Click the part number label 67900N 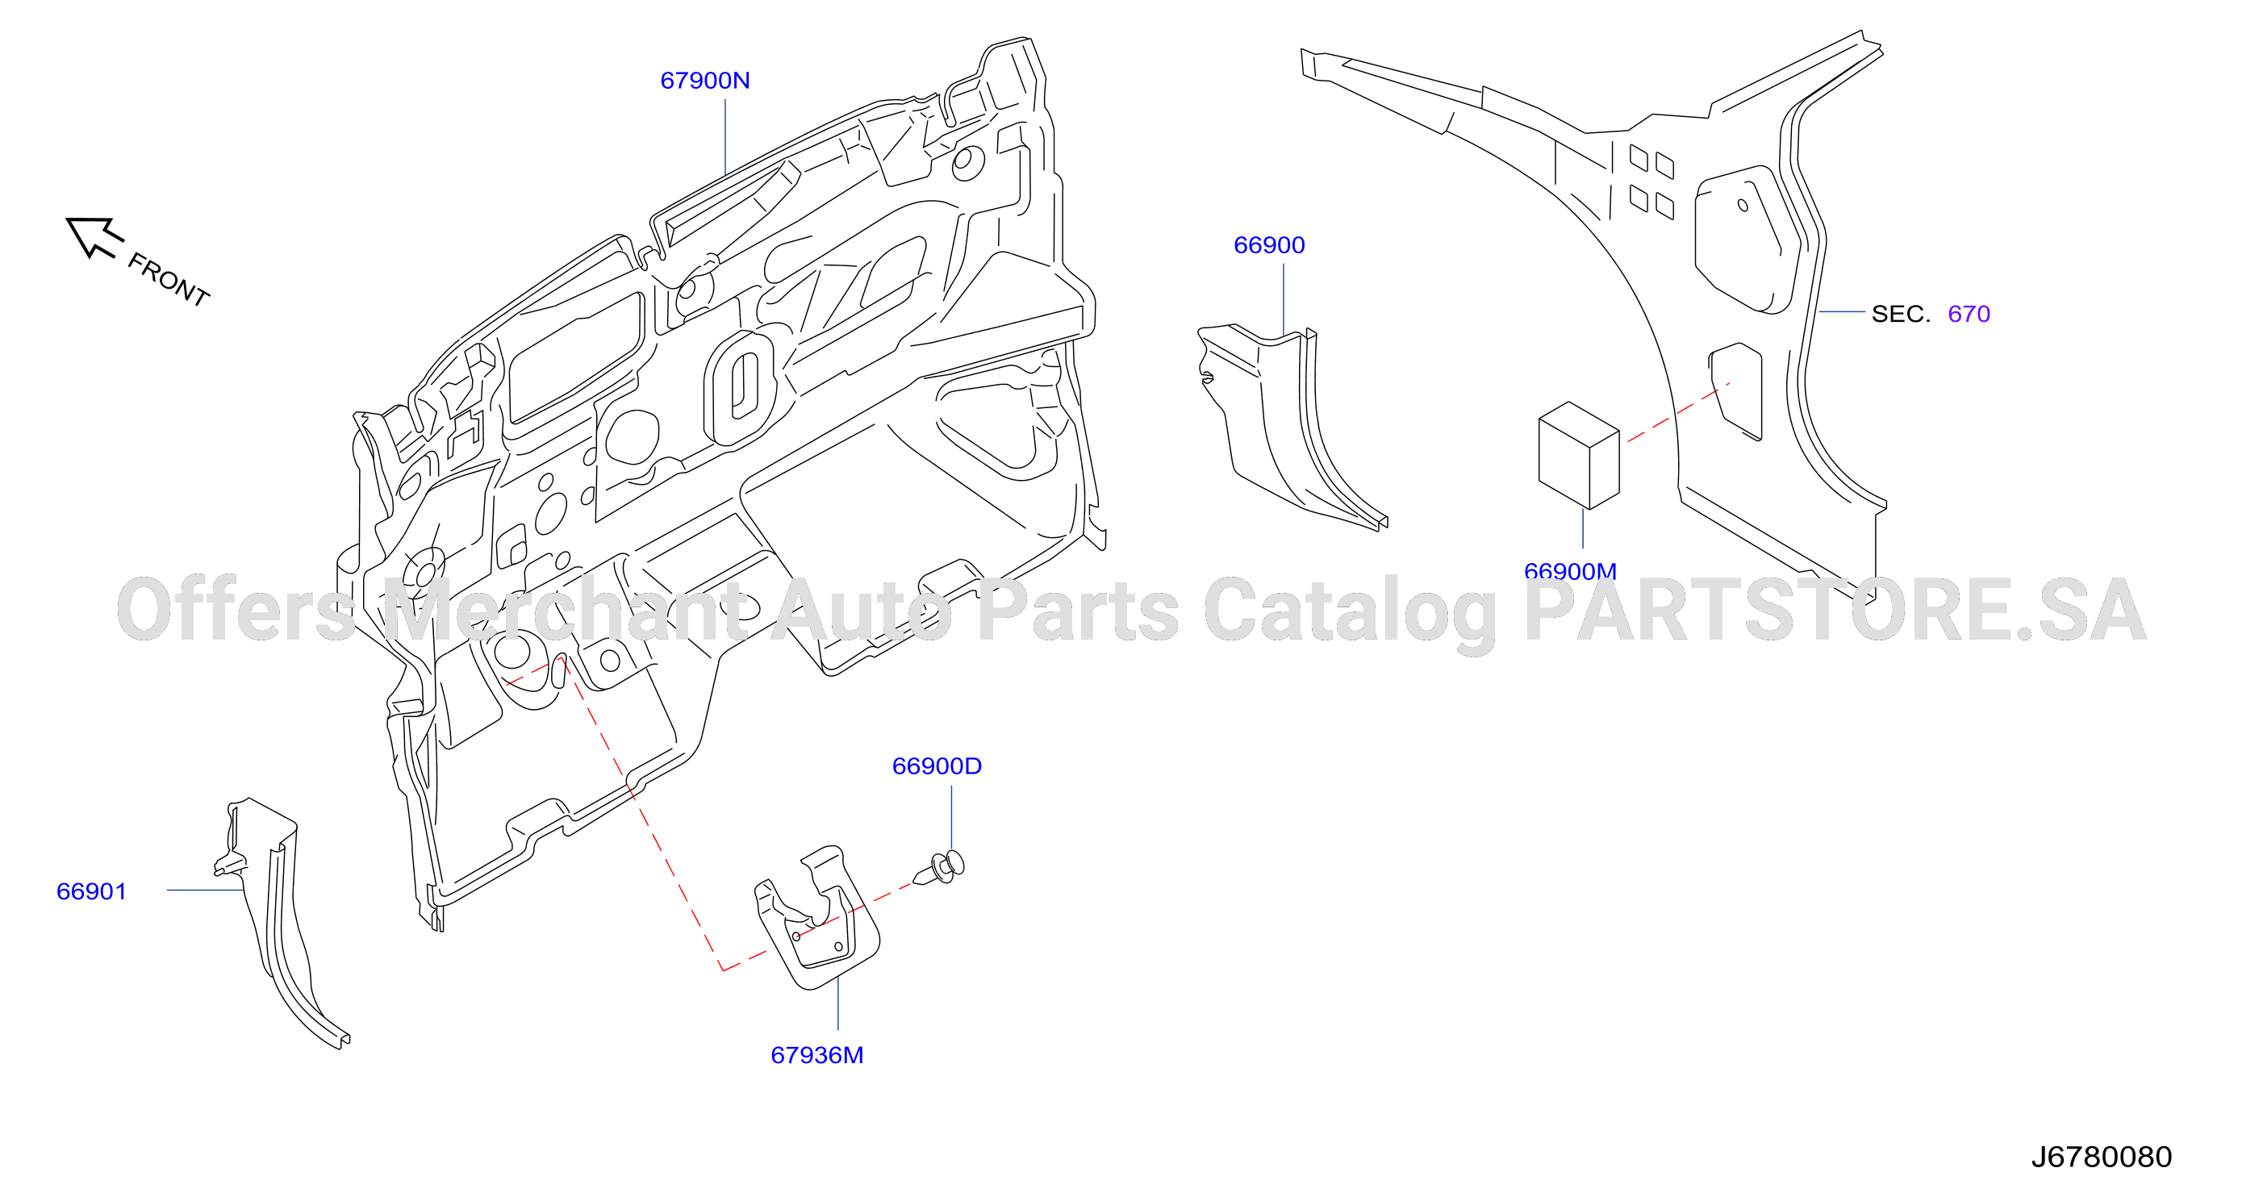[705, 81]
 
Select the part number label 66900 [1269, 245]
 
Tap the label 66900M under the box [1570, 572]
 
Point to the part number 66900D [937, 766]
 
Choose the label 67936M [816, 1056]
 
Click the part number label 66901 [91, 892]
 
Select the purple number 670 [1969, 314]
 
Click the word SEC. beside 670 [1900, 314]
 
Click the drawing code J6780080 [2101, 1157]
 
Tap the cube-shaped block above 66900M [1579, 456]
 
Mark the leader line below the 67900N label [725, 137]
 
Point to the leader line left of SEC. [1842, 311]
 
